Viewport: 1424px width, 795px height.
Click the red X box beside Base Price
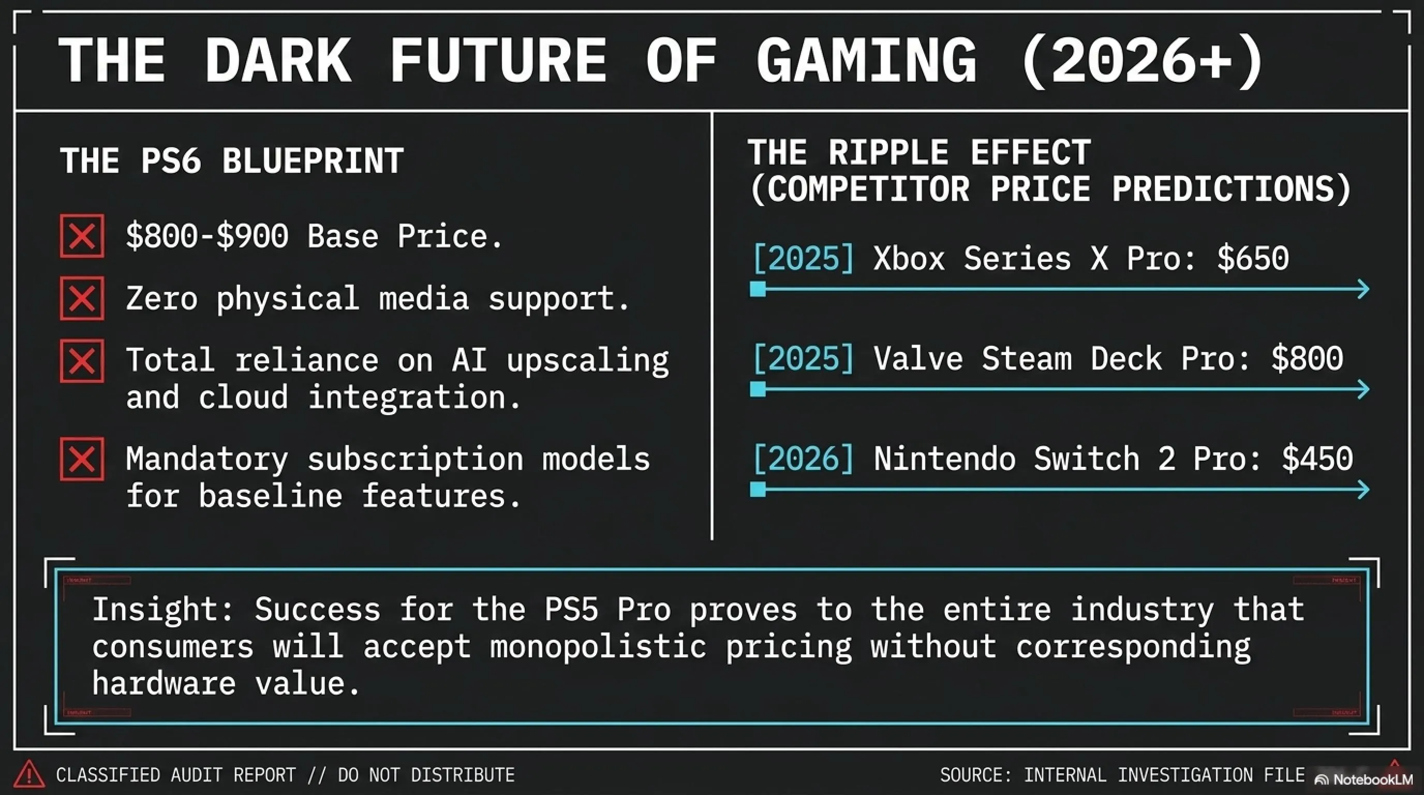click(x=82, y=236)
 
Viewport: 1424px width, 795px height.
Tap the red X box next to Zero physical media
click(x=82, y=299)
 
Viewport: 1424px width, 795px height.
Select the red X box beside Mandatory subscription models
click(x=82, y=459)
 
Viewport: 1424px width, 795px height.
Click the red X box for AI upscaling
click(x=82, y=361)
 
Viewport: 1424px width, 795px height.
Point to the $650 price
click(x=1253, y=259)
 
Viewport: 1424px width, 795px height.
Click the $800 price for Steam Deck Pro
click(x=1307, y=359)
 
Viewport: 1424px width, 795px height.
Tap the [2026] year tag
click(x=804, y=459)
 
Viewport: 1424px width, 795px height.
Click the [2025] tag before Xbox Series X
click(x=804, y=259)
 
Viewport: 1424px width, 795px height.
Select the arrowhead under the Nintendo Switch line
click(x=1363, y=489)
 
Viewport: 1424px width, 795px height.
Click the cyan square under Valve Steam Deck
click(x=758, y=389)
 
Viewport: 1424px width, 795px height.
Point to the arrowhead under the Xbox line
click(x=1363, y=289)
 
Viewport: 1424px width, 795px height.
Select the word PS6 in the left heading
click(x=170, y=161)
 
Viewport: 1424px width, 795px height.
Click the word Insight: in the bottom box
click(x=164, y=609)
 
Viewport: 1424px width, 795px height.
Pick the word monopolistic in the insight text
click(x=598, y=646)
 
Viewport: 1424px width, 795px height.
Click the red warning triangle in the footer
click(x=29, y=774)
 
